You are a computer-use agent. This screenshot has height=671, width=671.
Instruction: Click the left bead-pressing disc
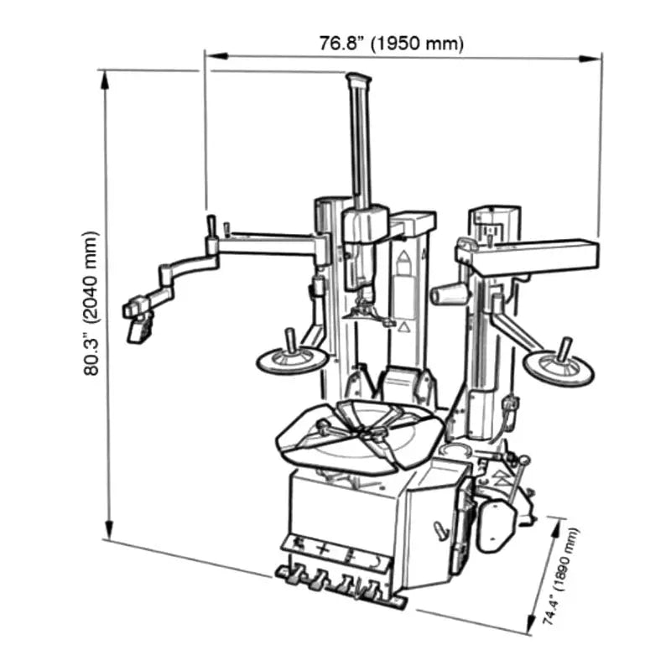tap(291, 360)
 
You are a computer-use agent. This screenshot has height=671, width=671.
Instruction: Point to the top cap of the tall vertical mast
tap(358, 79)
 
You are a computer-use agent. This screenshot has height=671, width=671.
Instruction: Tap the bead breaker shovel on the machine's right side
tap(497, 524)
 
